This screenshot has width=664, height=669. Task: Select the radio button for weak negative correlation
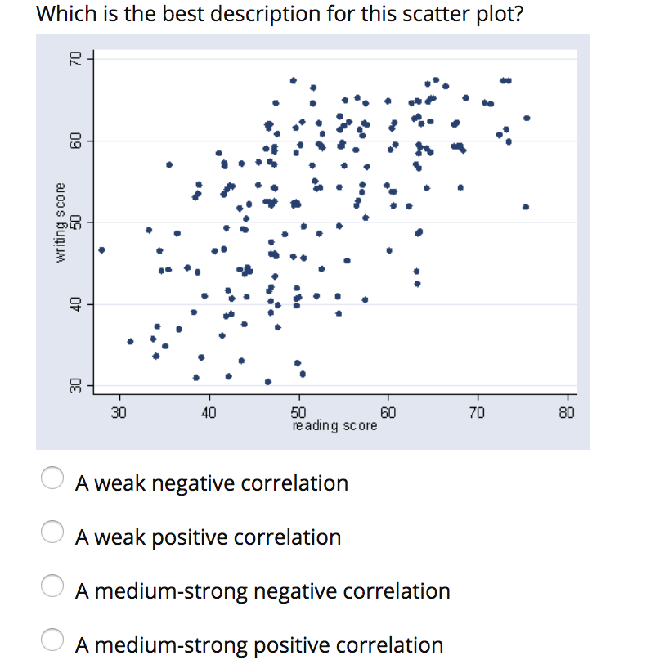[x=53, y=482]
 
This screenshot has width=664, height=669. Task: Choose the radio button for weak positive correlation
[x=53, y=536]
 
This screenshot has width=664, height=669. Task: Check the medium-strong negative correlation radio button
[x=53, y=590]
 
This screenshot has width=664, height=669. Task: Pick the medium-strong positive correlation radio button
[x=53, y=644]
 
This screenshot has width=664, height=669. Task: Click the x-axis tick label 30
[x=119, y=412]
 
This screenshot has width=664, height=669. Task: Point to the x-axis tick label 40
[x=209, y=412]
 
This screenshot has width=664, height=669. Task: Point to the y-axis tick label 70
[x=74, y=60]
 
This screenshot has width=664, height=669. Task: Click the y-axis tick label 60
[x=74, y=141]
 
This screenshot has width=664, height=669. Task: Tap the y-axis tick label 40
[x=74, y=303]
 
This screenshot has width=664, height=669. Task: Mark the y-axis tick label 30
[x=74, y=384]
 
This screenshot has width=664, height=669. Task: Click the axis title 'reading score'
[x=334, y=426]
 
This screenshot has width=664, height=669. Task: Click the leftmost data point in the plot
[x=101, y=250]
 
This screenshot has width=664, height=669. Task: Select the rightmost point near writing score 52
[x=525, y=207]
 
